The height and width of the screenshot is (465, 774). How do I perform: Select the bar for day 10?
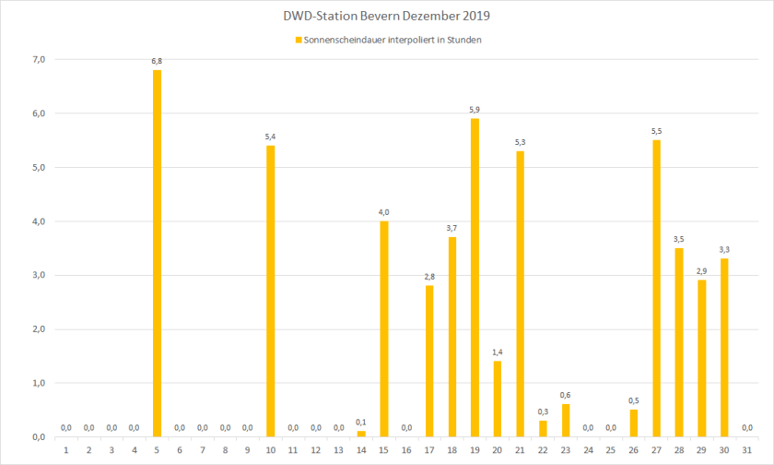(x=271, y=291)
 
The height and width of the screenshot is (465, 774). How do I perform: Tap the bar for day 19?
(x=475, y=277)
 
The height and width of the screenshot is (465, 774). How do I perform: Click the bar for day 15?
(x=384, y=328)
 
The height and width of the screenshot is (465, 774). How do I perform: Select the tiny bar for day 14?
(x=361, y=434)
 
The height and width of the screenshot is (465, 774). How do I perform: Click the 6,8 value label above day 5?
(x=157, y=61)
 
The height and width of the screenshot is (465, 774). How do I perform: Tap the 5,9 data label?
(x=475, y=110)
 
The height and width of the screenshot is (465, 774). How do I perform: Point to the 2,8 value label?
(x=429, y=277)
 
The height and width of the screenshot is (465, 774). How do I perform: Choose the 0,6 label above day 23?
(x=566, y=395)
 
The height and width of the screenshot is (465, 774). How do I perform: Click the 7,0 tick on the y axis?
(x=38, y=60)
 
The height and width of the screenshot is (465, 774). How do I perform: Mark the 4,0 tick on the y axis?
(x=38, y=221)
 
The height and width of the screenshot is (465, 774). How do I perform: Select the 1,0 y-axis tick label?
(x=38, y=383)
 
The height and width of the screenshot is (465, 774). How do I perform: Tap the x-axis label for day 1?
(x=66, y=449)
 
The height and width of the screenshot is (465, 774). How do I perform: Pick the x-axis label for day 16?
(x=407, y=449)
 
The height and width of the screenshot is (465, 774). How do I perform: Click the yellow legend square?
(x=298, y=40)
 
